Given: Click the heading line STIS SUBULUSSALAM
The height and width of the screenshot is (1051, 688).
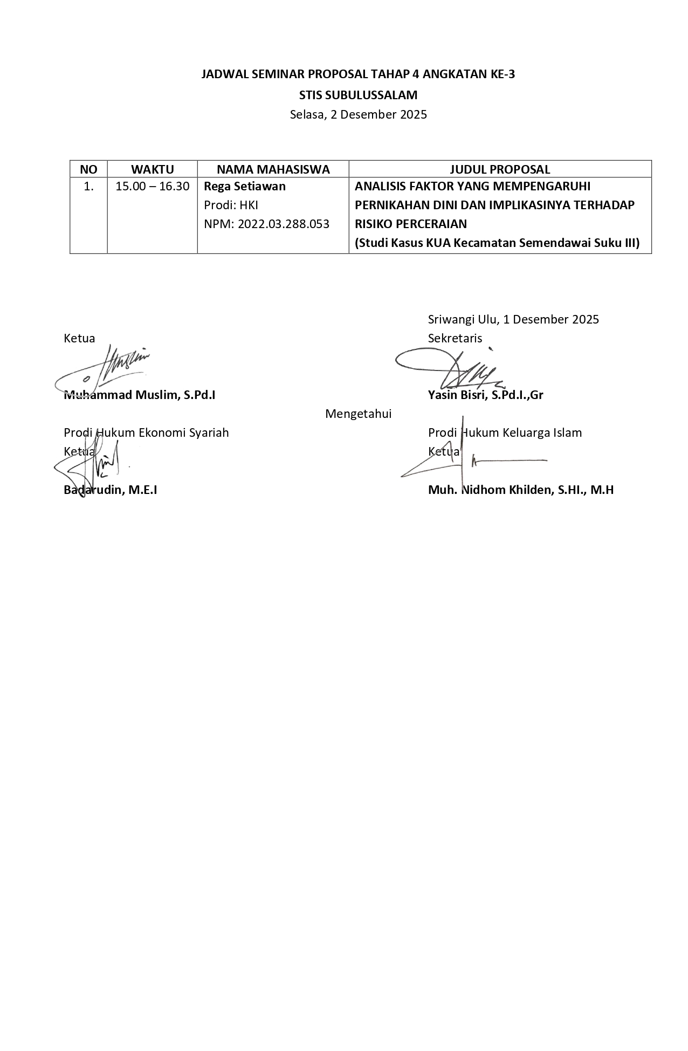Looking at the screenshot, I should [358, 95].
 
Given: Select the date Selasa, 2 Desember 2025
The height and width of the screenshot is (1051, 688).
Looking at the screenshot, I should [358, 114].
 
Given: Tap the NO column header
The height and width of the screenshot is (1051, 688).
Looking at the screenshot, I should [88, 169].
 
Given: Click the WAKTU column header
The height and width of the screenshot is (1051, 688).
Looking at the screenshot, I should [152, 169].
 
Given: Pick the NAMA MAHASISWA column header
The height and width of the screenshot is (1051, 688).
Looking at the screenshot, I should [273, 169].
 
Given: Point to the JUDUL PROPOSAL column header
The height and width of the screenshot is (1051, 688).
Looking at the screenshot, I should [500, 169].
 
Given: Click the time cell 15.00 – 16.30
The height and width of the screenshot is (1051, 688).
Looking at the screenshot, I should [152, 187].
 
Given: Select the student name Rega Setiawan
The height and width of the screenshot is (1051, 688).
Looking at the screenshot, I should [245, 187].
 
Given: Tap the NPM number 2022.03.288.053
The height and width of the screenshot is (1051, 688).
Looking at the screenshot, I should [266, 224].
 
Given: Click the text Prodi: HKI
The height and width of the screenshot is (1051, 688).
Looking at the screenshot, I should [231, 205].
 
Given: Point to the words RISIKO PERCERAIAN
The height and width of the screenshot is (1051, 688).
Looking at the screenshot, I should [411, 224].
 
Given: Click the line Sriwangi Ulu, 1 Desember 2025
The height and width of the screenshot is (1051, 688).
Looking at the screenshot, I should [513, 319].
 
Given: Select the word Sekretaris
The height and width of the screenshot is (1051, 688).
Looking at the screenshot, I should [455, 338].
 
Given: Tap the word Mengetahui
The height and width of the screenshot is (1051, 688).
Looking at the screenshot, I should [358, 414].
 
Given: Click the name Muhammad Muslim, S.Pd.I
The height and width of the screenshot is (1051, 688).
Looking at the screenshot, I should [140, 395].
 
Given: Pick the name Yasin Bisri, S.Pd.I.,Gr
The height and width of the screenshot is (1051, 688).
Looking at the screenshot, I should [485, 395].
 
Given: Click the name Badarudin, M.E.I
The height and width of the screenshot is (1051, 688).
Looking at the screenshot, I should [111, 490].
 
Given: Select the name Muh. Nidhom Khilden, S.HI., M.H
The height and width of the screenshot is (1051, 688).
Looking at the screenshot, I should [521, 490].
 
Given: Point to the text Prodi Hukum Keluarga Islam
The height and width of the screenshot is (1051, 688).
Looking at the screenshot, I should [505, 432].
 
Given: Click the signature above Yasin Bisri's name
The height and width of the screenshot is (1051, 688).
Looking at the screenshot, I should [450, 368].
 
